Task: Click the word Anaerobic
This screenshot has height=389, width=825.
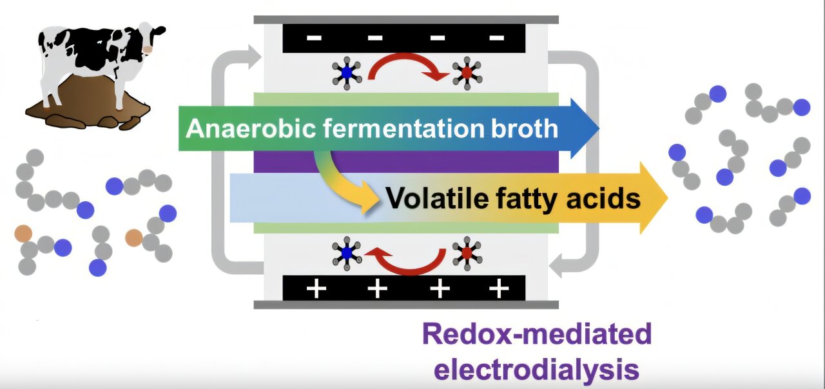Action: pyautogui.click(x=251, y=128)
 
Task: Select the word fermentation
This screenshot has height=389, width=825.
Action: pyautogui.click(x=403, y=128)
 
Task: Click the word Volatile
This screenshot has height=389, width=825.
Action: pyautogui.click(x=437, y=199)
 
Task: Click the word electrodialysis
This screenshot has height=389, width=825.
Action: pyautogui.click(x=537, y=370)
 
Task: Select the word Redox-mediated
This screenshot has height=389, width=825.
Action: pyautogui.click(x=537, y=334)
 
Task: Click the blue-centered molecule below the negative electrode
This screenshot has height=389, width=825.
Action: pyautogui.click(x=347, y=73)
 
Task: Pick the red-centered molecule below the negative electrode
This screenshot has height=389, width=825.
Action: pyautogui.click(x=467, y=73)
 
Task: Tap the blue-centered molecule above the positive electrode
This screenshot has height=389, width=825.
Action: pyautogui.click(x=347, y=254)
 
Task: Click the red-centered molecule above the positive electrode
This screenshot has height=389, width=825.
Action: pyautogui.click(x=467, y=254)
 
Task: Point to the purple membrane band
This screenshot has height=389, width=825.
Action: pyautogui.click(x=406, y=162)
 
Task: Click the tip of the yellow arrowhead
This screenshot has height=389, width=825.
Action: pyautogui.click(x=668, y=198)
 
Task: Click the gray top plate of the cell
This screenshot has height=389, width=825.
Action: pyautogui.click(x=406, y=19)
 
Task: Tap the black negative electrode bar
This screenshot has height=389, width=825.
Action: pyautogui.click(x=403, y=38)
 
